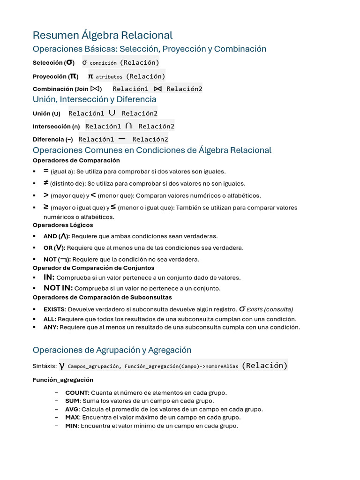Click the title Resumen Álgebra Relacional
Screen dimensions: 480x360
click(102, 35)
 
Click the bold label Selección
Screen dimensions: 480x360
click(47, 63)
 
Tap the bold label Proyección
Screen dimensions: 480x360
click(50, 76)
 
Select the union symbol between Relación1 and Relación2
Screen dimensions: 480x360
click(112, 113)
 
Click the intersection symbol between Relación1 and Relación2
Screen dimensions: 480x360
click(128, 126)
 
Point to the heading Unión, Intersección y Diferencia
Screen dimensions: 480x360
click(94, 99)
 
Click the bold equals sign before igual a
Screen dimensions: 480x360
click(46, 171)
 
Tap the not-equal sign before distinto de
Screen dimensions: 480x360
click(46, 183)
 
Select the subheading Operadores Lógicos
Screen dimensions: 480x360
click(62, 225)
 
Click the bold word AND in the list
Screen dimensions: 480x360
click(50, 236)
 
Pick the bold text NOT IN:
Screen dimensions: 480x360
click(58, 288)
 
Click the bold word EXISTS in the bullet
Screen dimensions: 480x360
click(54, 309)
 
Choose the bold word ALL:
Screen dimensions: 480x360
click(50, 319)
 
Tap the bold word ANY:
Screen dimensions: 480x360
click(51, 327)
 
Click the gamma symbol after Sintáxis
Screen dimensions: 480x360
click(62, 366)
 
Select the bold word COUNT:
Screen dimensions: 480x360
click(77, 393)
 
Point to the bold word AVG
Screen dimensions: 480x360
click(72, 409)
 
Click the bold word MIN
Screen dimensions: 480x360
click(72, 426)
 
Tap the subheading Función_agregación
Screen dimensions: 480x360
click(63, 380)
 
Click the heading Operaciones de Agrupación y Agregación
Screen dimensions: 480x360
click(112, 350)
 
